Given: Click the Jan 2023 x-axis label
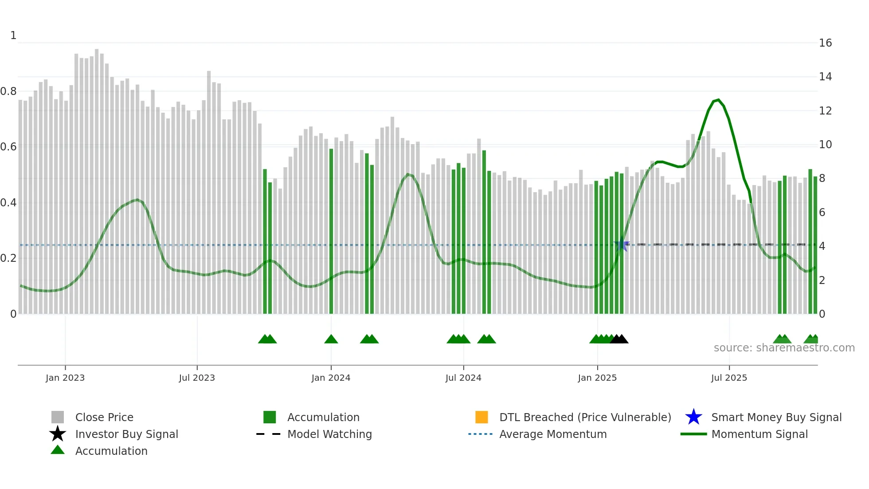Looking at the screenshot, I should click(65, 378).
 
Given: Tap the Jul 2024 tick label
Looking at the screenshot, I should click(463, 378).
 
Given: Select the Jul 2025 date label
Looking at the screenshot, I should click(729, 378).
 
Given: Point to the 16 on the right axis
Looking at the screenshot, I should click(825, 43).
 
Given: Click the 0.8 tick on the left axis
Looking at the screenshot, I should click(8, 91).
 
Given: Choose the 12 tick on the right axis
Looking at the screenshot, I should click(825, 111).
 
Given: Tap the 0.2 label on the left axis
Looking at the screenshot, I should click(8, 258).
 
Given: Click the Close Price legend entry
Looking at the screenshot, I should click(104, 417).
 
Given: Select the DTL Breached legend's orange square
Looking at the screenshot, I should click(481, 417).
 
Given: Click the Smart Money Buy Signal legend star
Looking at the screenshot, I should click(693, 417).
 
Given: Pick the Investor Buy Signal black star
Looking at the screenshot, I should click(58, 434).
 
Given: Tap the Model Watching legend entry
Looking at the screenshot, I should click(329, 434).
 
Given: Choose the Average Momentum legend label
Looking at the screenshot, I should click(553, 434).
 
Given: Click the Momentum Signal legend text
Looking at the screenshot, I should click(759, 434).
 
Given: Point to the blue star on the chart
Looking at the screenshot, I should click(622, 245).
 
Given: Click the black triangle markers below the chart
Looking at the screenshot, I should click(619, 339).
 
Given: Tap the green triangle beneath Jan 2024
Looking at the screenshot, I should click(331, 339).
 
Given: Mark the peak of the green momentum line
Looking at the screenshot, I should click(718, 100).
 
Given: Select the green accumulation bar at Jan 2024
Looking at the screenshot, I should click(331, 231).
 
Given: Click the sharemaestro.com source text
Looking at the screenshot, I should click(784, 348).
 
